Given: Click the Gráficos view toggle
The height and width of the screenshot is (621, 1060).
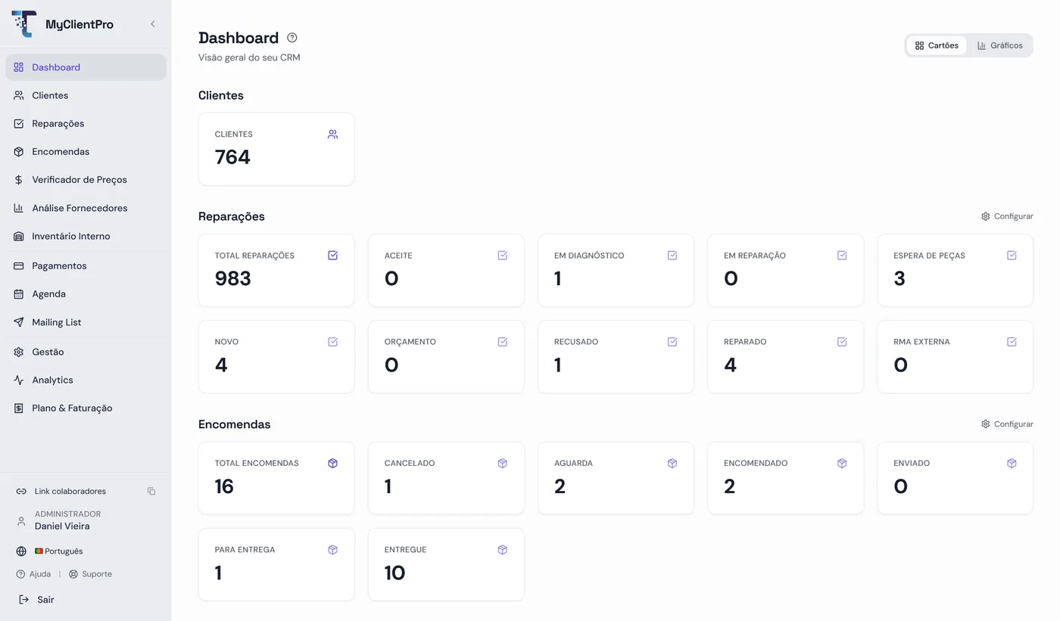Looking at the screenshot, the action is tap(1000, 45).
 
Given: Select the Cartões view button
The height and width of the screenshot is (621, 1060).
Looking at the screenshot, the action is tap(937, 45).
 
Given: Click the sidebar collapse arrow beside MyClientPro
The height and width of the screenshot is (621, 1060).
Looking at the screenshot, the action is tap(153, 24).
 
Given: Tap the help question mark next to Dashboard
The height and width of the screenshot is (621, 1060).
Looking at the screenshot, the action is tap(292, 38).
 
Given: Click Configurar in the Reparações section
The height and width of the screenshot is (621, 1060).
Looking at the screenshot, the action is tap(1007, 216).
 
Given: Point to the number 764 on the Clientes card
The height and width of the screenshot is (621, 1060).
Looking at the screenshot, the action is tap(232, 157).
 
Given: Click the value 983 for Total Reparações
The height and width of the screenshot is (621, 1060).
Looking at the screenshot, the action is tap(233, 278).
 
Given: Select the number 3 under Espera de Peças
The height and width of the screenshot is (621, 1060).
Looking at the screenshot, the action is tap(899, 278).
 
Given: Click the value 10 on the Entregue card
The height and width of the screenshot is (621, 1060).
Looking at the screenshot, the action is tap(394, 573).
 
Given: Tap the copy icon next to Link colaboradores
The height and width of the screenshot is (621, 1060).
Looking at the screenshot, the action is tap(151, 492).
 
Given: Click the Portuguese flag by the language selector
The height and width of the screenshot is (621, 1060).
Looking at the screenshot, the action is tap(39, 551).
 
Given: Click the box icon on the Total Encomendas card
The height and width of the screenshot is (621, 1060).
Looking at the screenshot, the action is tap(332, 464).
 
